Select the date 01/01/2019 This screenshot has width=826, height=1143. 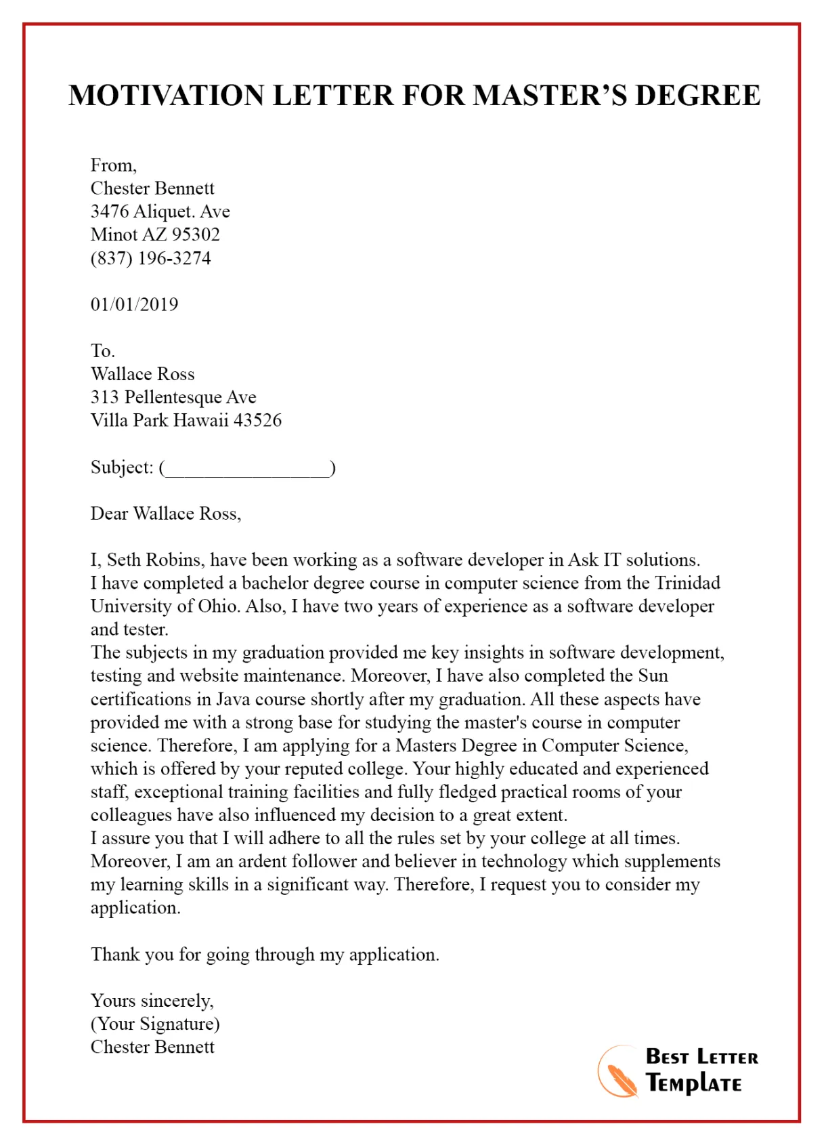134,304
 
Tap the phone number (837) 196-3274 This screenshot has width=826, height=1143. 150,258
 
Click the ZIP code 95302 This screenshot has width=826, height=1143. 196,235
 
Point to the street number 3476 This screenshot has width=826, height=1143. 109,211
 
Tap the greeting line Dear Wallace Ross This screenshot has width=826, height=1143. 165,514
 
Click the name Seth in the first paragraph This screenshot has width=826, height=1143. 124,560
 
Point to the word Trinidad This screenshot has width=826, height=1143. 687,583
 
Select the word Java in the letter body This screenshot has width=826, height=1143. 234,699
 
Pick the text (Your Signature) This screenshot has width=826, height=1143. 155,1024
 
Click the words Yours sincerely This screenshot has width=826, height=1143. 152,1001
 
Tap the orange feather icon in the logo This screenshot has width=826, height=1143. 618,1073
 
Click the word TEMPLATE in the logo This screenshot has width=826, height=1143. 693,1083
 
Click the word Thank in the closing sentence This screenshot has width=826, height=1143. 115,955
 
